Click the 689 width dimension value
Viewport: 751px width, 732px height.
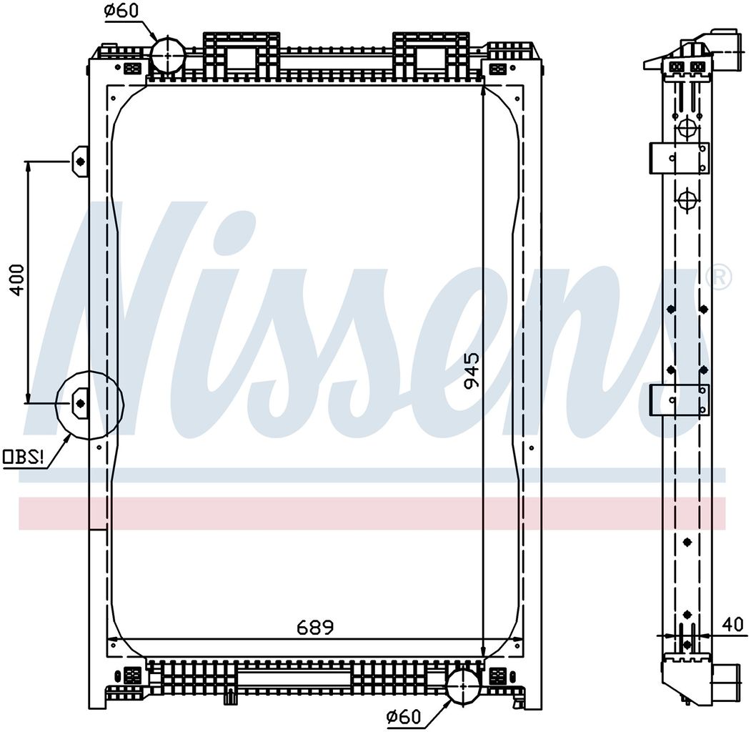314,627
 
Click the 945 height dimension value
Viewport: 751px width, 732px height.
472,371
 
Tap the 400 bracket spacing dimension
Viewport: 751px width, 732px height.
18,280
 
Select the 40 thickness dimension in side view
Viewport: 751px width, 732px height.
733,624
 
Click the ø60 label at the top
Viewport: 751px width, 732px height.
121,11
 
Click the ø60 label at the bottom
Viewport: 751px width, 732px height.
404,717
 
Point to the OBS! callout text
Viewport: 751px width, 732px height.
24,457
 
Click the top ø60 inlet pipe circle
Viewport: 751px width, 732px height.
169,55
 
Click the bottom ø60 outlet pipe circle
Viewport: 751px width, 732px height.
463,686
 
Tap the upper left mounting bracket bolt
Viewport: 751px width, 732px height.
81,162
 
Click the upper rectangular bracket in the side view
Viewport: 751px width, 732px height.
679,157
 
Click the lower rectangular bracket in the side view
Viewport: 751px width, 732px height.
679,400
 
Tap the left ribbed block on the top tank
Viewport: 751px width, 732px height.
242,54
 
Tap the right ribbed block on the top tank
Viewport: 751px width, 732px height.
431,54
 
